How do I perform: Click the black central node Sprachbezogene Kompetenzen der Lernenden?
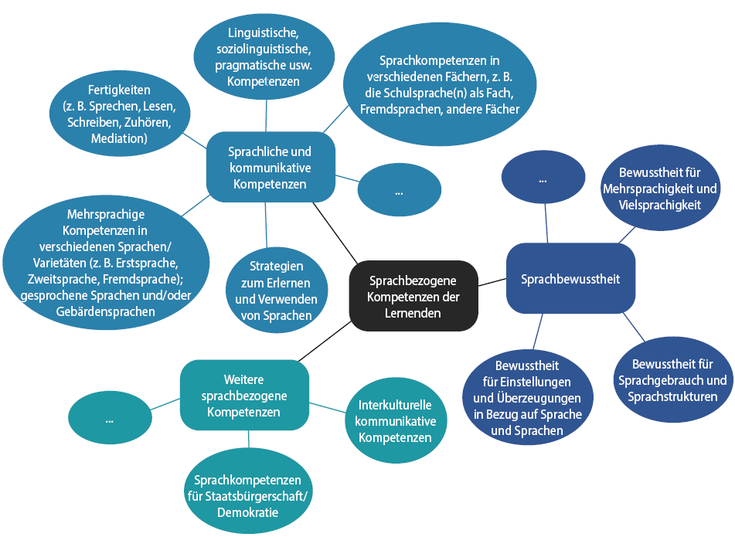pyautogui.click(x=414, y=296)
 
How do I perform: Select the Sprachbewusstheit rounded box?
pyautogui.click(x=570, y=279)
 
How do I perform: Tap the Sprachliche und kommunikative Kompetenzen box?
pyautogui.click(x=270, y=168)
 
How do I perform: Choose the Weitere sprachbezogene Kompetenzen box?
pyautogui.click(x=244, y=396)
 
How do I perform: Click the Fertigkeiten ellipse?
pyautogui.click(x=119, y=114)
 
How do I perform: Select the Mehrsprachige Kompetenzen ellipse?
pyautogui.click(x=105, y=262)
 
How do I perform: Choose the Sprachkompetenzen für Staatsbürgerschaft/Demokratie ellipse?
pyautogui.click(x=247, y=490)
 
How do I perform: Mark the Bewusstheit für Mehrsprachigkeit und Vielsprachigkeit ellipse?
pyautogui.click(x=659, y=189)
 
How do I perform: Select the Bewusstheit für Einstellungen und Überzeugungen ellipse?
pyautogui.click(x=527, y=397)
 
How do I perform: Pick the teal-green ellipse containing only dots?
pyautogui.click(x=110, y=419)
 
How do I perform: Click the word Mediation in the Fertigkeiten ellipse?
pyautogui.click(x=118, y=139)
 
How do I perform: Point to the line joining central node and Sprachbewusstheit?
pyautogui.click(x=492, y=284)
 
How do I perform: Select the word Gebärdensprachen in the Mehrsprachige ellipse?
pyautogui.click(x=107, y=311)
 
